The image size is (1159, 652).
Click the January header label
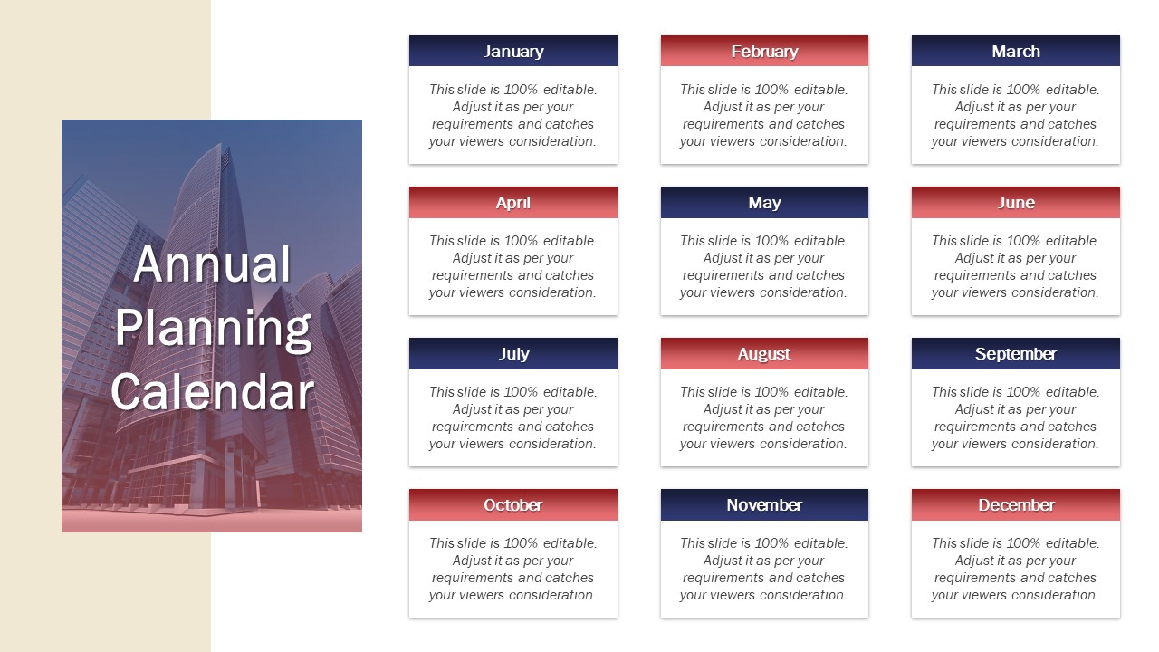tap(513, 52)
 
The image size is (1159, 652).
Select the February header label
tap(764, 52)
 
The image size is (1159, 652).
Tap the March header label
tap(1016, 52)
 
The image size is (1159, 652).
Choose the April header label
tap(512, 203)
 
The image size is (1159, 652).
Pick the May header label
tap(764, 203)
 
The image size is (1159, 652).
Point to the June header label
tap(1016, 202)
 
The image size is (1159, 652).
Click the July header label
tap(513, 354)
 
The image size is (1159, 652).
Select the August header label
tap(763, 354)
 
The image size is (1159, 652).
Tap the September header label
tap(1016, 354)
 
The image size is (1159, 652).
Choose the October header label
tap(512, 505)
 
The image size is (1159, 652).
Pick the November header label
tap(764, 505)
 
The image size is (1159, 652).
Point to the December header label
tap(1016, 505)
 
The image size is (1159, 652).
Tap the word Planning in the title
tap(213, 329)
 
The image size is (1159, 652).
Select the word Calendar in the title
tap(212, 392)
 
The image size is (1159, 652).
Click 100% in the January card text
tap(521, 90)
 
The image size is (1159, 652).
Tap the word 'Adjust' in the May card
tap(720, 258)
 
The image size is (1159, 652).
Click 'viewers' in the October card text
tap(480, 595)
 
